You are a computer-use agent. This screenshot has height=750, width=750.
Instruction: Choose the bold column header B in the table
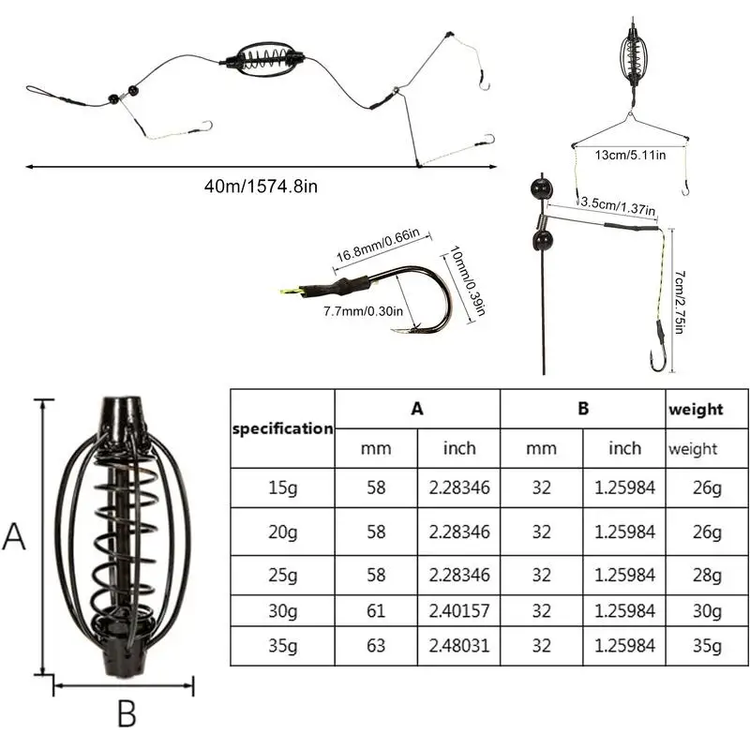[582, 409]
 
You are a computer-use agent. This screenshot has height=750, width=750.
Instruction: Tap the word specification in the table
[282, 428]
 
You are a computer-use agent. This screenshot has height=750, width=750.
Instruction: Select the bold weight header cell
[696, 409]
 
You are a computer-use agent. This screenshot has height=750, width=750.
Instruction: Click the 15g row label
[282, 487]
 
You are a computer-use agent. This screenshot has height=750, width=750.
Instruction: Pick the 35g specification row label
[282, 645]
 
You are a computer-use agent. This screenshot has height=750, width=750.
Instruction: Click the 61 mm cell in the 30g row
[376, 610]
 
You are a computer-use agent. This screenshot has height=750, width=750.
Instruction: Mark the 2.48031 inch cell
[459, 645]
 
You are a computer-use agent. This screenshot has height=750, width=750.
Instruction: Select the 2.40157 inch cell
[459, 610]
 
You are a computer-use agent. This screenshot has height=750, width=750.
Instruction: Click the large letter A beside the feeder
[14, 537]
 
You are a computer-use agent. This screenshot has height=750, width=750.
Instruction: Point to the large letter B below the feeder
[127, 714]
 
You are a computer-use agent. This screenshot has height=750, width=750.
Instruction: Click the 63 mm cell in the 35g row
[376, 645]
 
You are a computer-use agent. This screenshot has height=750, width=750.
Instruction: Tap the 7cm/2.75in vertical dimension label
[682, 299]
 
